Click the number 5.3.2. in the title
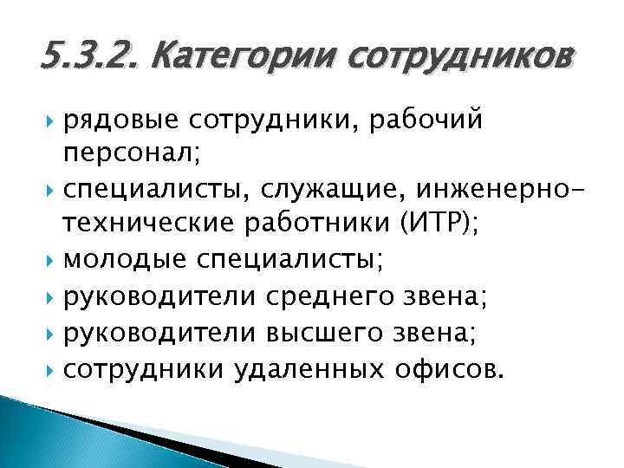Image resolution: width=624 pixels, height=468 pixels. point(91,59)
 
